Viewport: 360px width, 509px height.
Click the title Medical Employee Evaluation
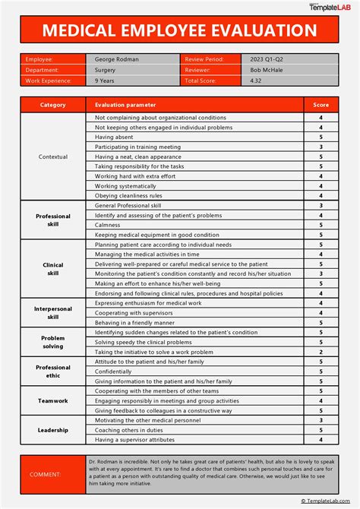coord(179,30)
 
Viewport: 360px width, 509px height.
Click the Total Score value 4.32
coord(257,80)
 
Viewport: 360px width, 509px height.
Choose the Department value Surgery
coord(106,69)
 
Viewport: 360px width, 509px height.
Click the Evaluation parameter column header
coord(125,105)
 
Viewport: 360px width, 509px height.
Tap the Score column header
coord(321,105)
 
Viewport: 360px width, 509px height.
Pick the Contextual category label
coord(53,156)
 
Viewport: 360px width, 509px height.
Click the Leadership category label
coord(53,429)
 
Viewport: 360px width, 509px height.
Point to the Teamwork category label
coord(53,400)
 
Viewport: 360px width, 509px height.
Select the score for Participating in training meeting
coord(321,147)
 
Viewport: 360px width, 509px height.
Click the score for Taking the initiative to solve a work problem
coord(321,352)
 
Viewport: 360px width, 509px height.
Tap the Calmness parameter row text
coord(107,225)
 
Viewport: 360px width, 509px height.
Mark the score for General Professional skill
coord(321,205)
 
